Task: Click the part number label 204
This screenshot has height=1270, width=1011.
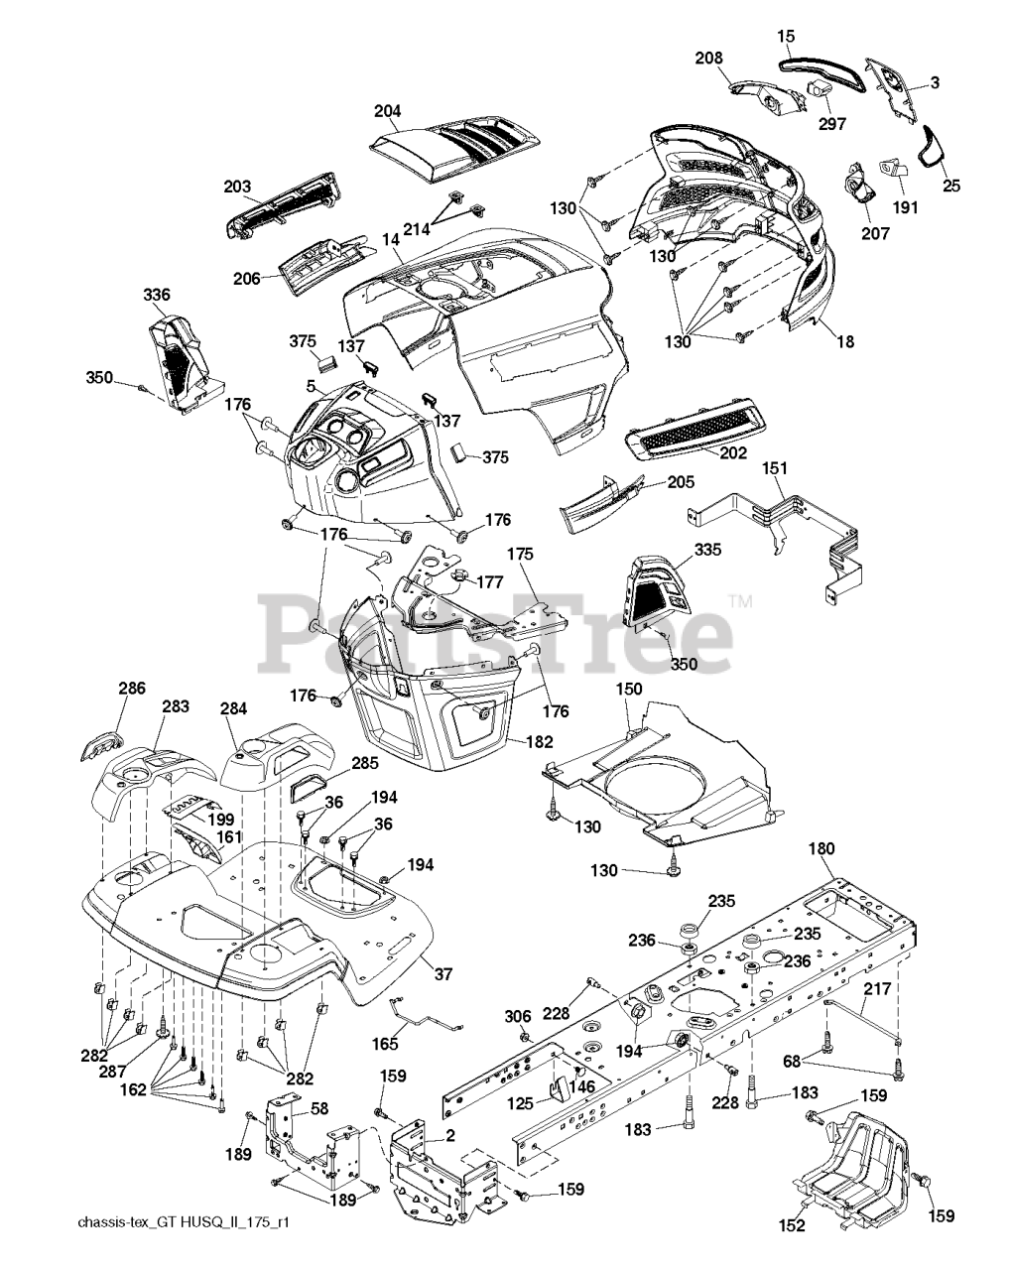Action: [388, 111]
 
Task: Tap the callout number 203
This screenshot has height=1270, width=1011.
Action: [238, 186]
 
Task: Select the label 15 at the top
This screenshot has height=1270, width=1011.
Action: [786, 36]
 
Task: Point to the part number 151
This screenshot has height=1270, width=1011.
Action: [775, 468]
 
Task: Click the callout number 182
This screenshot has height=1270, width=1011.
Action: [540, 741]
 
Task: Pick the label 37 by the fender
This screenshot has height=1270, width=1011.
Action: [442, 973]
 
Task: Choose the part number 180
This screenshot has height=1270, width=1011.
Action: [821, 848]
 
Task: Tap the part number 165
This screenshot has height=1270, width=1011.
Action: [385, 1044]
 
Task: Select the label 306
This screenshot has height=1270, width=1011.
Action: [518, 1016]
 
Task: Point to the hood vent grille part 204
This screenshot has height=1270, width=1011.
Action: [455, 152]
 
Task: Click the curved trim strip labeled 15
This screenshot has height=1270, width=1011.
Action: [823, 70]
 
